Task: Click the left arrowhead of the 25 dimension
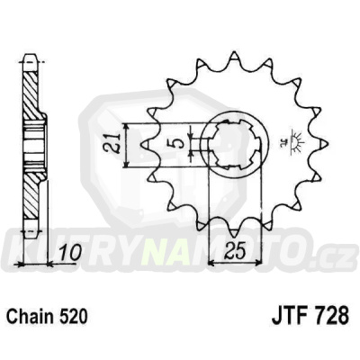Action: (x=212, y=263)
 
